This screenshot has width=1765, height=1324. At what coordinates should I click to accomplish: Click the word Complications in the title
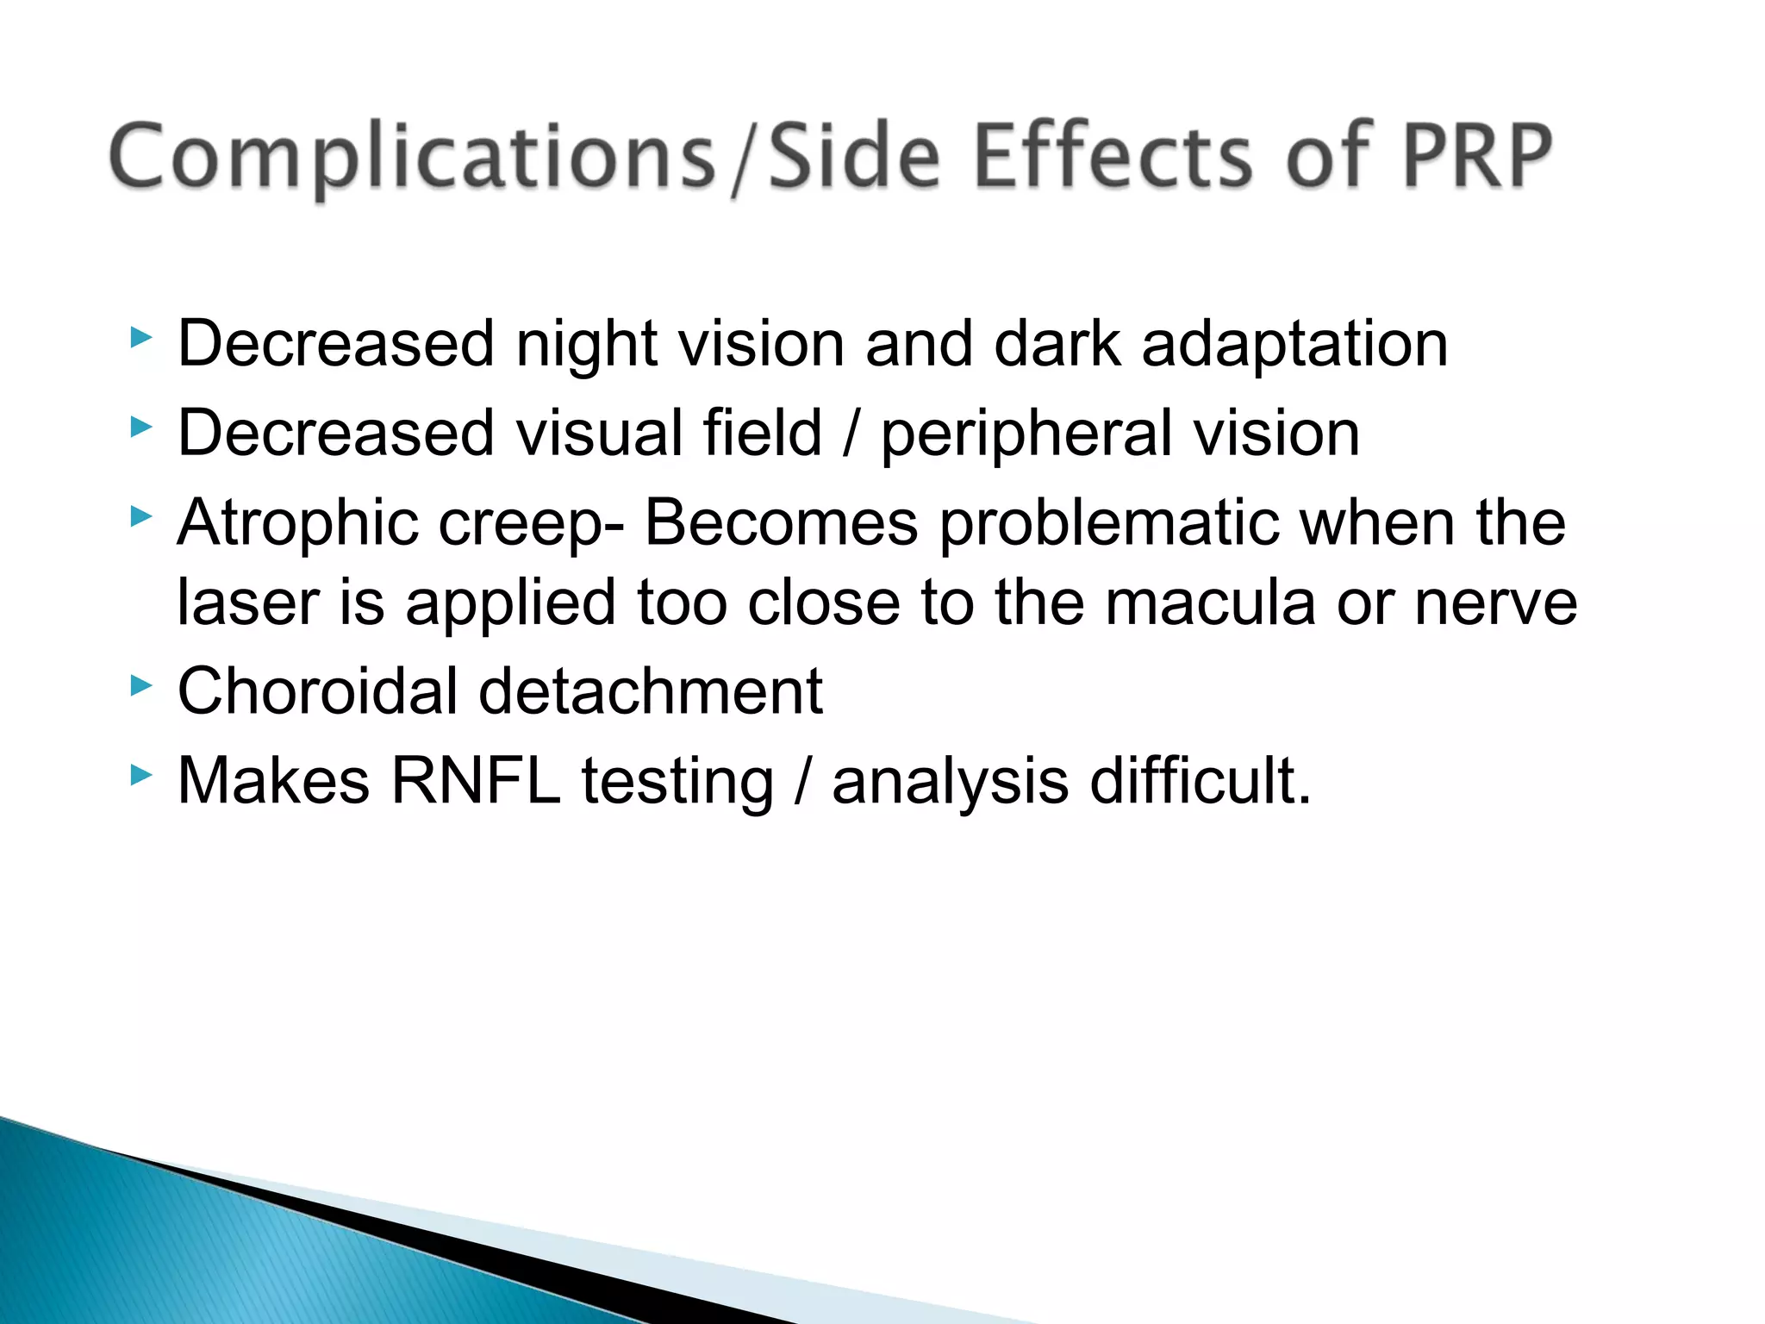click(x=412, y=157)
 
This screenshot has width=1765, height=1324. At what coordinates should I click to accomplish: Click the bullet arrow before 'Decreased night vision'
click(x=140, y=337)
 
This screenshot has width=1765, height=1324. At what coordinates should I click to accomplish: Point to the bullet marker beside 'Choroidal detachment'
click(x=140, y=685)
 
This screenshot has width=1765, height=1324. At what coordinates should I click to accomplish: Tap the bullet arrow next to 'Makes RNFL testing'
click(x=140, y=775)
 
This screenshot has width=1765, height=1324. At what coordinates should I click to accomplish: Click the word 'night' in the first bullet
click(x=586, y=345)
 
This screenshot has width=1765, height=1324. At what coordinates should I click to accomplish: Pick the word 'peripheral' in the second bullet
click(x=1026, y=434)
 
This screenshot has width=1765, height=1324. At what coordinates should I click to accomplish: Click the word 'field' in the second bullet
click(x=762, y=433)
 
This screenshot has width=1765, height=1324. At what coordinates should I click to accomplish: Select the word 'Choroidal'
click(x=317, y=691)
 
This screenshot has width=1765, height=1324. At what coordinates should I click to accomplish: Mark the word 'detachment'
click(x=651, y=691)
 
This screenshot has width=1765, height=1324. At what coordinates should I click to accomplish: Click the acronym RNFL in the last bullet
click(x=476, y=781)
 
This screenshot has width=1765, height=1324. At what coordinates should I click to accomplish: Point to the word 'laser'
click(x=248, y=603)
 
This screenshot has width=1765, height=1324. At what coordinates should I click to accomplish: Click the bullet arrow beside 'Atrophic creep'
click(x=140, y=516)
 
